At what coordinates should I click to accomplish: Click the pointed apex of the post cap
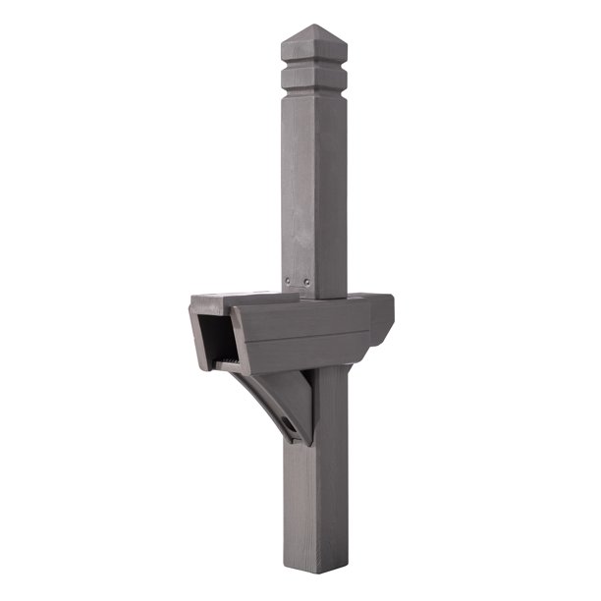(x=312, y=26)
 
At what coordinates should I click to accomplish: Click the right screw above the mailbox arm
(x=307, y=282)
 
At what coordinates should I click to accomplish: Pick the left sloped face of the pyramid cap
(x=298, y=40)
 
